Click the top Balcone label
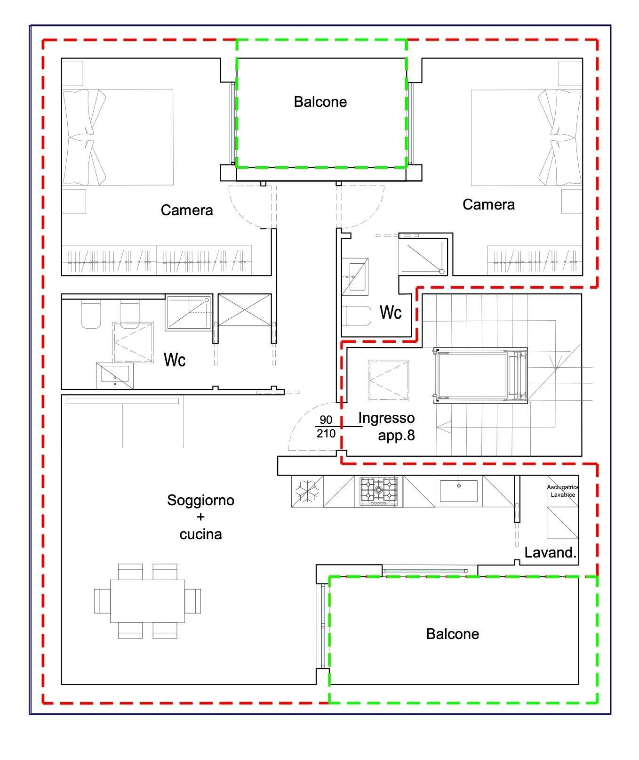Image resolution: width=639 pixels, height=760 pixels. click(320, 102)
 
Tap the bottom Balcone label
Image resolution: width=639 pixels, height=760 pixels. click(452, 634)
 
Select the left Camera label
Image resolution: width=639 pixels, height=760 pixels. click(186, 210)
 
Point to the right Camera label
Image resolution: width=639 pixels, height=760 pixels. click(488, 204)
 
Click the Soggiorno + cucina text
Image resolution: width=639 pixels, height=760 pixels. click(200, 517)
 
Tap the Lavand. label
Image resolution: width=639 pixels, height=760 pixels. click(550, 552)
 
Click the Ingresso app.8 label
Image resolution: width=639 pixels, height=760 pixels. click(386, 426)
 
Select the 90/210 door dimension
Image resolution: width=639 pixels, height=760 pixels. click(326, 427)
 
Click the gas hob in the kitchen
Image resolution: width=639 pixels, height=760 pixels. click(379, 491)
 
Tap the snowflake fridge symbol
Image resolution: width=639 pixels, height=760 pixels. click(307, 491)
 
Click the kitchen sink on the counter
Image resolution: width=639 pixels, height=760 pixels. click(458, 491)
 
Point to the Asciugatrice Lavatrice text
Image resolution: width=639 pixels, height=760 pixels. click(563, 491)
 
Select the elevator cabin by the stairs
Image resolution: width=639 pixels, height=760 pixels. click(480, 376)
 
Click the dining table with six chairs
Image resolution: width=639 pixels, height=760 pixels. click(147, 601)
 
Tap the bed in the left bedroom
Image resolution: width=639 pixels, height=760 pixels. click(118, 137)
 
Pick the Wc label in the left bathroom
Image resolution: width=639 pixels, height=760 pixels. click(175, 360)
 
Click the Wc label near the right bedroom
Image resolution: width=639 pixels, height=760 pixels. click(390, 312)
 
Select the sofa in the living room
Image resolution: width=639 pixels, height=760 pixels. click(122, 422)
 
